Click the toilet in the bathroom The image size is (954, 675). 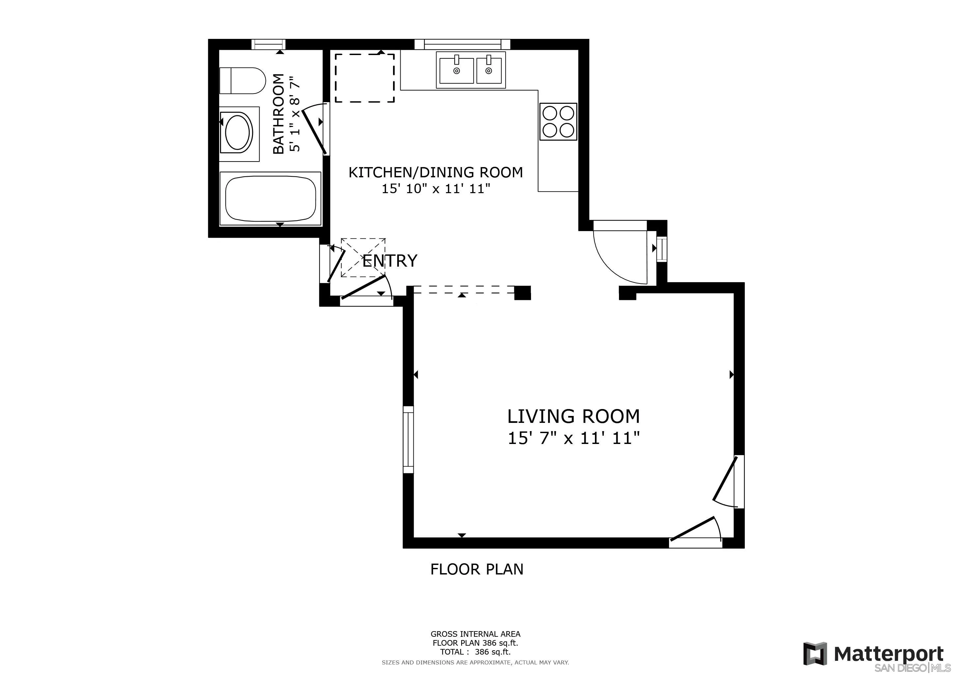pos(242,81)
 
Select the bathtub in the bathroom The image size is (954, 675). pos(270,199)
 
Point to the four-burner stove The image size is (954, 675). pos(558,121)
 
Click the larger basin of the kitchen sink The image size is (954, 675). pos(456,71)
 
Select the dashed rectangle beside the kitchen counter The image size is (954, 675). pos(364,78)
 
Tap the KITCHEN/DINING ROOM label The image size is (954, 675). pos(435,172)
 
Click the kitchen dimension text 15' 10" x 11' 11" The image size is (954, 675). pos(436,189)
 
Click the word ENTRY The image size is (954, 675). pos(390,261)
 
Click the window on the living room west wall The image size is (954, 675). pos(408,439)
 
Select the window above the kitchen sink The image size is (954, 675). pos(462,44)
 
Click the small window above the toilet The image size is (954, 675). pos(268,44)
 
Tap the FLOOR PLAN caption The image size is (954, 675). pos(477,569)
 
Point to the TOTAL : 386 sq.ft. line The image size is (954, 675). pos(475,652)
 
